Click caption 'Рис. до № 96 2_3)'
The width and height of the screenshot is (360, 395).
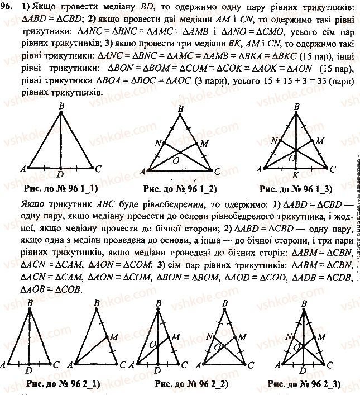click(305, 384)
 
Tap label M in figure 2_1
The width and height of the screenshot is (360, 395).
click(114, 336)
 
